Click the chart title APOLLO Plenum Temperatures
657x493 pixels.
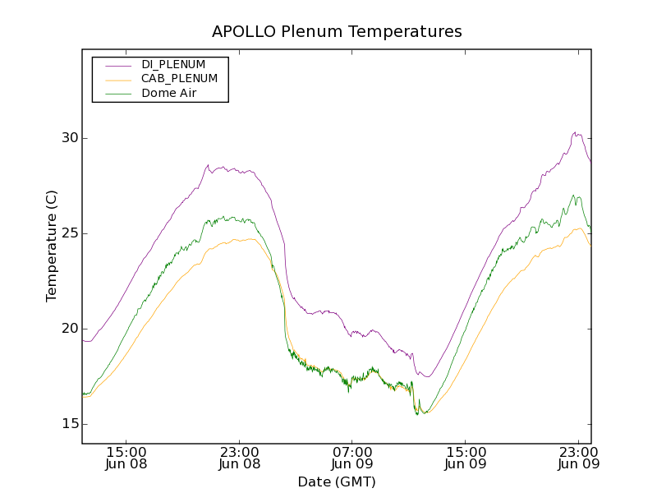pyautogui.click(x=337, y=32)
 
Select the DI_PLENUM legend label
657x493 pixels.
pyautogui.click(x=173, y=64)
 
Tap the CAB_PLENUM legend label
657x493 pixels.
pyautogui.click(x=179, y=79)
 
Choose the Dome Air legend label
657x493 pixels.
pyautogui.click(x=169, y=93)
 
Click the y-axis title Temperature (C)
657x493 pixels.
pyautogui.click(x=52, y=246)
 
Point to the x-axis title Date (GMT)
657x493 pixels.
pyautogui.click(x=337, y=481)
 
